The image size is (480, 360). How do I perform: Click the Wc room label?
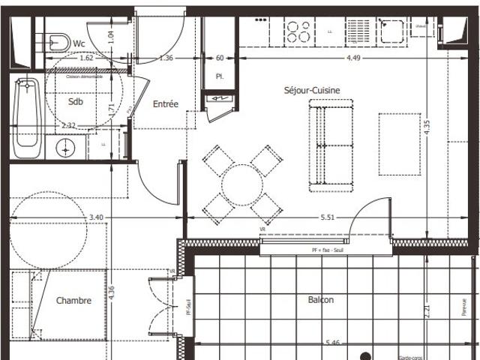[x=79, y=44]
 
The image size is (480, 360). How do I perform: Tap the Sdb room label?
[x=76, y=102]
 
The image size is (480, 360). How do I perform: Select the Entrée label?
[x=166, y=104]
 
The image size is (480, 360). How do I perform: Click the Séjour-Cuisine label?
[x=311, y=90]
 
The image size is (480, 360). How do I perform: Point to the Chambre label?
[x=73, y=301]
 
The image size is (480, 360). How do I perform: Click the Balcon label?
[x=321, y=300]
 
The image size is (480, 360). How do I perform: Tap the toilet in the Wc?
[x=56, y=40]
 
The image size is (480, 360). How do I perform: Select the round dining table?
[x=241, y=182]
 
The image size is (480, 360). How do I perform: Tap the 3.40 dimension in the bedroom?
[x=96, y=217]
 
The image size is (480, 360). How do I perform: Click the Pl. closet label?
[x=220, y=76]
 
